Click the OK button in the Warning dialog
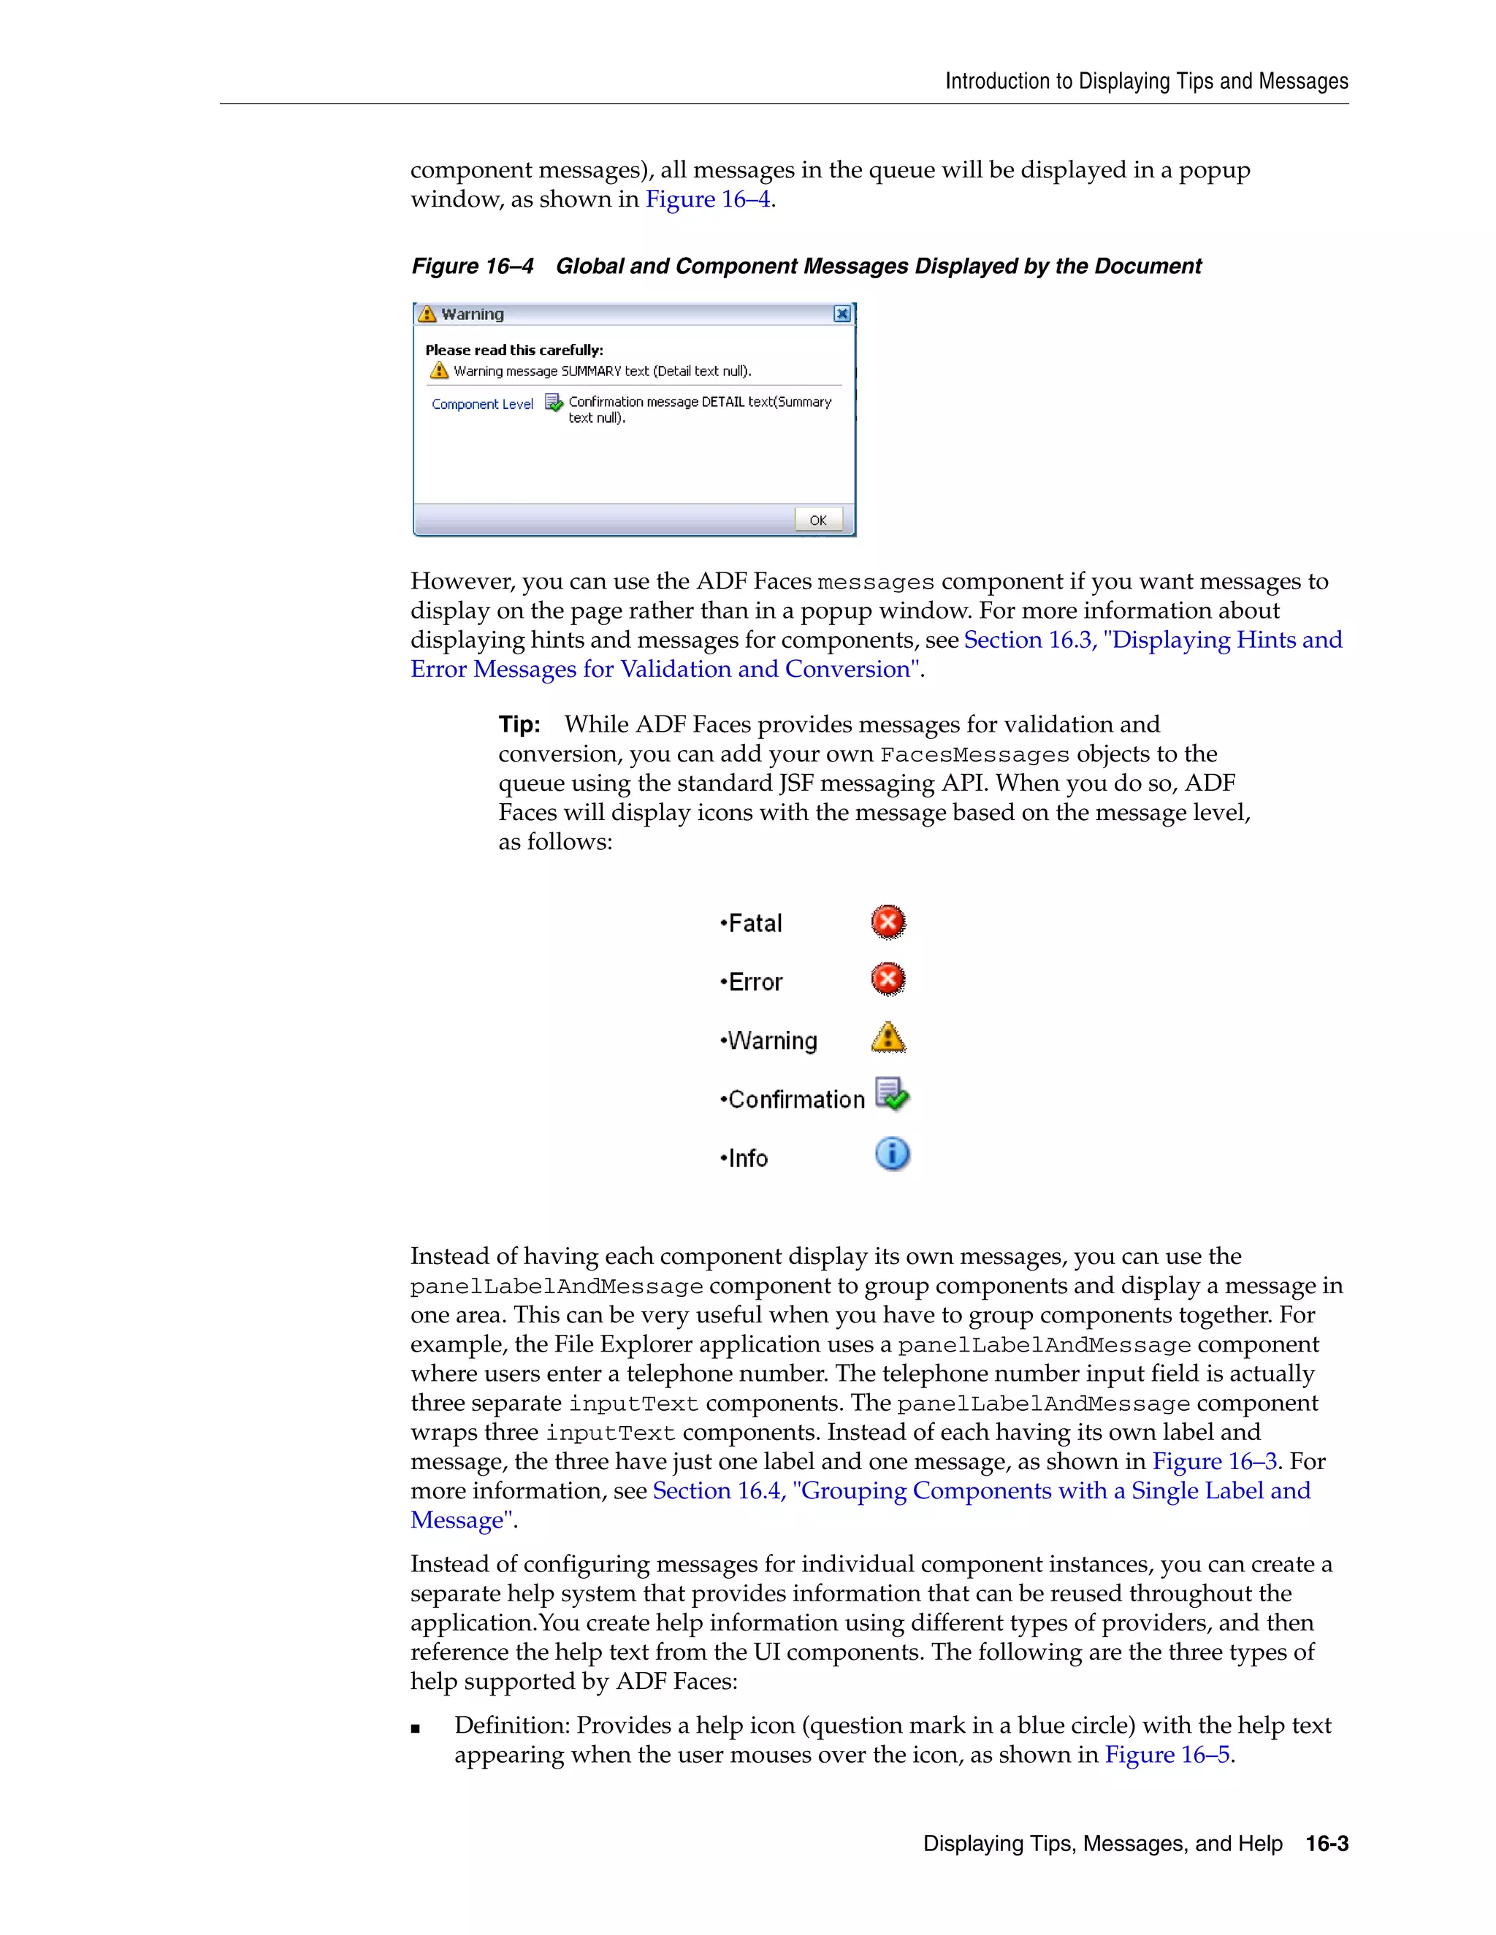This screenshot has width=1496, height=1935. coord(818,520)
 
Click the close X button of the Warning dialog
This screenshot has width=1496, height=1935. coord(842,314)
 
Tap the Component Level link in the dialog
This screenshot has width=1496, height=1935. coord(482,404)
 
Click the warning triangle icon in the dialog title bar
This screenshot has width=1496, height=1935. coord(427,314)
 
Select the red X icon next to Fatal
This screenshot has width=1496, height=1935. coord(888,922)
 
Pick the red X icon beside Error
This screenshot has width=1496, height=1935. coord(888,980)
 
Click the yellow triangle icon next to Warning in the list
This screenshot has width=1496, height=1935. coord(888,1038)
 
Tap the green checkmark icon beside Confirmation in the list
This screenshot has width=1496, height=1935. coord(892,1095)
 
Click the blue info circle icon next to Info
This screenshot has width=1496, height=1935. coord(892,1154)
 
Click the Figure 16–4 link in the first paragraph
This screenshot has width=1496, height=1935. coord(707,199)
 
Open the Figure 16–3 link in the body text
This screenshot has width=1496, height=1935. coord(1214,1461)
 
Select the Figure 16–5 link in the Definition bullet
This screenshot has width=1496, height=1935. coord(1167,1754)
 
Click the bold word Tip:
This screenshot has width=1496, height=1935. coord(519,725)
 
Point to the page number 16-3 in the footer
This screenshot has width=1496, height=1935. coord(1327,1844)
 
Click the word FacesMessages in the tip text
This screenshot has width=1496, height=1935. coord(974,755)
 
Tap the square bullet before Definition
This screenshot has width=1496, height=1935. coord(416,1728)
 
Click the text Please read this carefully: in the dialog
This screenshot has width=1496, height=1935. coord(514,350)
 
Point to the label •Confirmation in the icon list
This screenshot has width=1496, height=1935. coord(793,1100)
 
